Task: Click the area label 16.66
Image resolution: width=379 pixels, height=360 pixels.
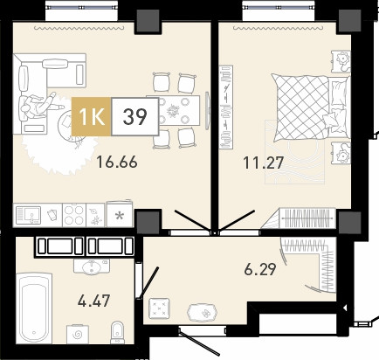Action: (117, 162)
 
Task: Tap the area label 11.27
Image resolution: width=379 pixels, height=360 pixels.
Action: (263, 163)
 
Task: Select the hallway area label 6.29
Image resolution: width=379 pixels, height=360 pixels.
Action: (260, 269)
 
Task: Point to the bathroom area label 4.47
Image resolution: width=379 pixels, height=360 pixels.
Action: (93, 301)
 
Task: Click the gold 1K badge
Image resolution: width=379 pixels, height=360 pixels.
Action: (91, 116)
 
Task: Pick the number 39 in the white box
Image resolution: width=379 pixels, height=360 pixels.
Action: (134, 116)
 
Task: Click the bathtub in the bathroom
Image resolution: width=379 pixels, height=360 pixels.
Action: (34, 308)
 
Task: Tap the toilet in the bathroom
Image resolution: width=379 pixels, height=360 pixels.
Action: (117, 332)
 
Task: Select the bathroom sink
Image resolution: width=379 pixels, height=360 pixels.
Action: (92, 267)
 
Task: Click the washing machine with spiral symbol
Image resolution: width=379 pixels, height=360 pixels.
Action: (78, 334)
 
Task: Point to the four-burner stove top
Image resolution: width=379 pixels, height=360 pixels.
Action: (74, 215)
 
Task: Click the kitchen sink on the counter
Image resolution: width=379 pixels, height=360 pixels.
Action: (28, 215)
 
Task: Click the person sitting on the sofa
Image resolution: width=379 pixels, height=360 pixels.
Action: (39, 106)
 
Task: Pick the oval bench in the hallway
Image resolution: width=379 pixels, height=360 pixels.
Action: (203, 313)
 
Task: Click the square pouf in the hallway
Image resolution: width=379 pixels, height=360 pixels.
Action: (159, 308)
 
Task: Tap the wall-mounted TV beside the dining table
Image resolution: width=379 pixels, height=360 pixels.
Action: (207, 110)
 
